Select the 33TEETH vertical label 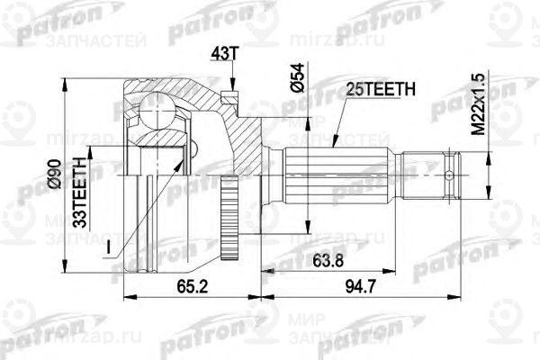[80, 185]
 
